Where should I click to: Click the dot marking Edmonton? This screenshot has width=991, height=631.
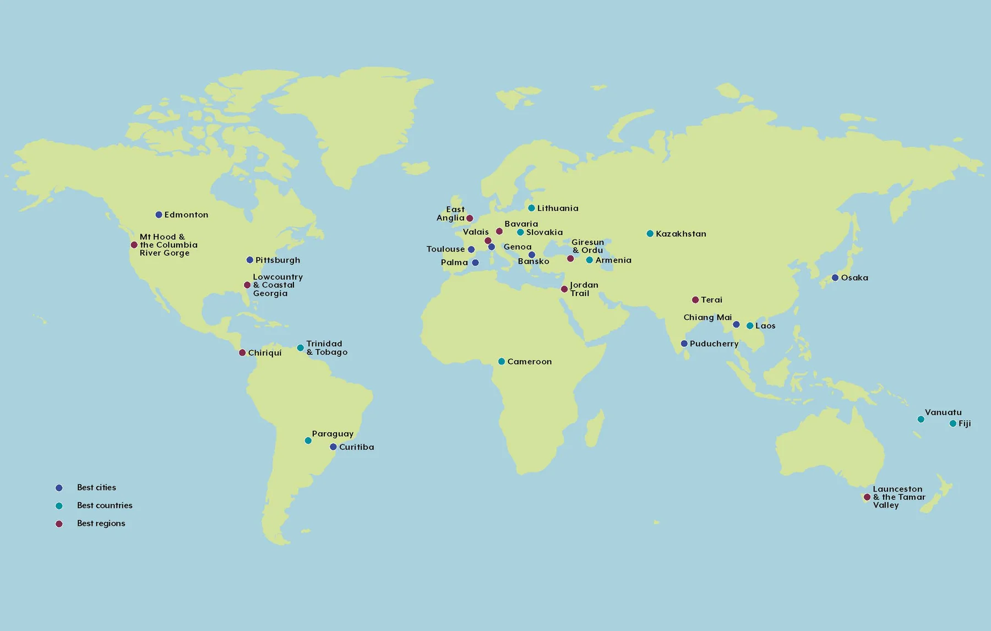pos(159,215)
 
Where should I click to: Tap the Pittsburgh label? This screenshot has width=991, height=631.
pos(277,260)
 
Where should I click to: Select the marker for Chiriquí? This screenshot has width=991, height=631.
pos(242,352)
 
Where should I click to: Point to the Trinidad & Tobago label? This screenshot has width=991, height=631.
pos(326,348)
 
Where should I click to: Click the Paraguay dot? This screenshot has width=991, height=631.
pos(308,440)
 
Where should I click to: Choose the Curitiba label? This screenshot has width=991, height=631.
pos(356,447)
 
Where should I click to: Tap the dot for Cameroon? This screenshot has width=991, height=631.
pos(502,362)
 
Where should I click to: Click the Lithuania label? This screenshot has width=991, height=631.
pos(558,208)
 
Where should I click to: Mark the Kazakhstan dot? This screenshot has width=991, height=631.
pos(650,233)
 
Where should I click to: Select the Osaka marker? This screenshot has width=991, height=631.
pos(835,278)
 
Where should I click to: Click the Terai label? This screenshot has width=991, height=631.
pos(711,300)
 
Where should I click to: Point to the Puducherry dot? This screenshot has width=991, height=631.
pos(684,344)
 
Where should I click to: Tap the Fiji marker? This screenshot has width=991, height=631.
pos(953,423)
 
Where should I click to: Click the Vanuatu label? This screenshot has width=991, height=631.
pos(943,412)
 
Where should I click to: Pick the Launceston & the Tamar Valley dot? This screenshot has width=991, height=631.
pos(867,497)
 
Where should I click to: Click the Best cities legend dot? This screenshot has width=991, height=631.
pos(59,488)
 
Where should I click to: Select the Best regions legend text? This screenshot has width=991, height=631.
pos(101,523)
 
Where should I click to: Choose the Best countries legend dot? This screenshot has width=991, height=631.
pos(59,505)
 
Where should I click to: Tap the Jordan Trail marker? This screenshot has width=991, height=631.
pos(564,289)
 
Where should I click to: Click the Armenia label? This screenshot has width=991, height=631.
pos(613,260)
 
